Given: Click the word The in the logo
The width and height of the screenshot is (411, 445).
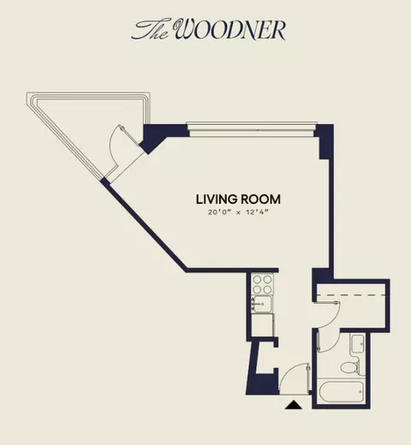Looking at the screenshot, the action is pyautogui.click(x=152, y=30).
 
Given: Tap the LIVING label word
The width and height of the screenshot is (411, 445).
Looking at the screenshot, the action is pyautogui.click(x=217, y=199).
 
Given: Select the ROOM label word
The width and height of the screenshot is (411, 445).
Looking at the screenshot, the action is pyautogui.click(x=260, y=199).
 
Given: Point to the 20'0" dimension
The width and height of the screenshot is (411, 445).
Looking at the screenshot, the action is pyautogui.click(x=219, y=212).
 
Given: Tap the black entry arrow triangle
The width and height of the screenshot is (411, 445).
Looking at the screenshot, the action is pyautogui.click(x=294, y=405).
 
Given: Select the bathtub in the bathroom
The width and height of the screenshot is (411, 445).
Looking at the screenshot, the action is pyautogui.click(x=341, y=391).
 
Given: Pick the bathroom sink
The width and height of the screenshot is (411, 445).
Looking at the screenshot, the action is pyautogui.click(x=358, y=344).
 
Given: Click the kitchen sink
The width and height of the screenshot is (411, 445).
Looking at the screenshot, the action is pyautogui.click(x=262, y=304).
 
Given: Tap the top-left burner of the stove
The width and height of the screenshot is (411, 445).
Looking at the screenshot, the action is pyautogui.click(x=257, y=279).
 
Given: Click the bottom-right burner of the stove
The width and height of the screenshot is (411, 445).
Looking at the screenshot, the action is pyautogui.click(x=267, y=289).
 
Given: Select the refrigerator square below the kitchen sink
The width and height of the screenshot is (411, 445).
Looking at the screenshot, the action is pyautogui.click(x=262, y=325).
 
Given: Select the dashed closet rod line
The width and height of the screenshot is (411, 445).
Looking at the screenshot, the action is pyautogui.click(x=351, y=294).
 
